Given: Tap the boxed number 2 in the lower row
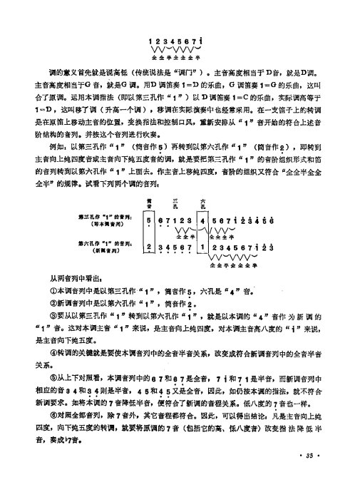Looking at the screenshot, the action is [148, 247].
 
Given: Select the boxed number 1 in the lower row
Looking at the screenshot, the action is [203, 247].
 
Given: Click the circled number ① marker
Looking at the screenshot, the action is [53, 292].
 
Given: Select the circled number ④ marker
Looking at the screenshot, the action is [53, 351].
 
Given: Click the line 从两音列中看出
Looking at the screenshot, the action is [75, 279].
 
